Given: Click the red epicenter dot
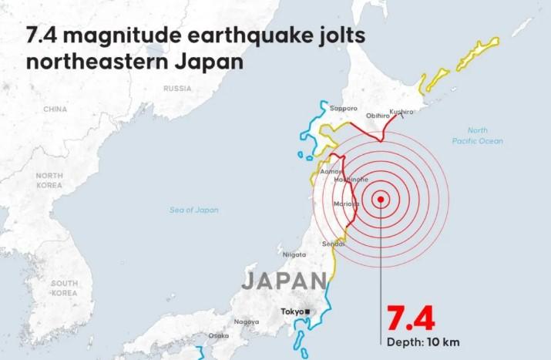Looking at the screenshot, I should click(381, 199).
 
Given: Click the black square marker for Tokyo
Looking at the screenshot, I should click(307, 311).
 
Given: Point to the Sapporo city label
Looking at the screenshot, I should click(343, 109).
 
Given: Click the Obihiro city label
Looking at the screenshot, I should click(378, 116).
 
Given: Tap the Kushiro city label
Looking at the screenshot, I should click(401, 112).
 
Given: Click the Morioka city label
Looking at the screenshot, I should click(345, 204).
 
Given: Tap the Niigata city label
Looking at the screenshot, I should click(294, 254).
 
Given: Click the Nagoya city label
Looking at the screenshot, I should click(247, 321).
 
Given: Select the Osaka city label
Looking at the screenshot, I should click(218, 335).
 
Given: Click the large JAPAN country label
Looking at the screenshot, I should click(283, 281).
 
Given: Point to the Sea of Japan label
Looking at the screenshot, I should click(194, 210).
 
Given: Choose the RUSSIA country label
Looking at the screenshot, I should click(177, 89).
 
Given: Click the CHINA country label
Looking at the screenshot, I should click(55, 109).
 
